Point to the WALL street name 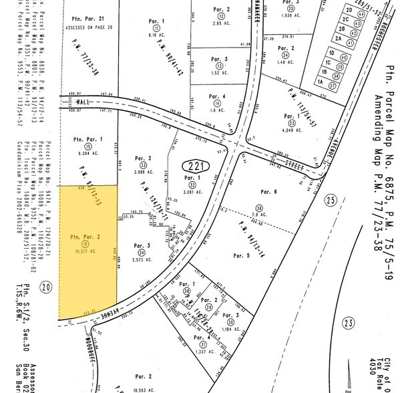pos(83,102)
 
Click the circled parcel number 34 pos(142,252)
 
